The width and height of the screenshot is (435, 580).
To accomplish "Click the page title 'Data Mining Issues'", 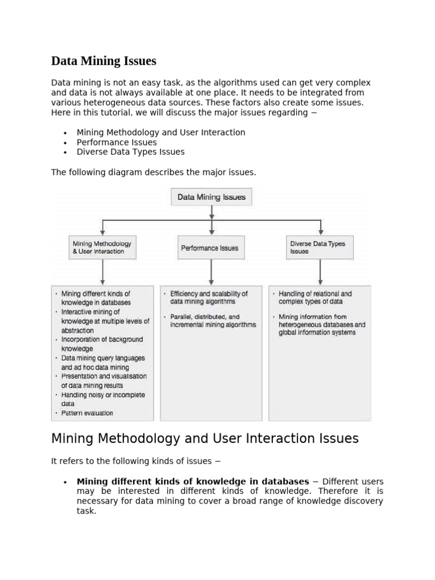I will click(104, 61).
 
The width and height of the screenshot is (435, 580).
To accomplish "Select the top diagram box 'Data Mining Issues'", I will click(211, 197).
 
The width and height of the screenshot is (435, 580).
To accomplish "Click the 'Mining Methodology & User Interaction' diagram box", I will click(103, 248).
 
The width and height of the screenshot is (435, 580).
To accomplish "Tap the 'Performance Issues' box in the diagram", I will click(211, 248).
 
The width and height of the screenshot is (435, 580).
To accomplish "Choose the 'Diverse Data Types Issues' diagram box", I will click(321, 248).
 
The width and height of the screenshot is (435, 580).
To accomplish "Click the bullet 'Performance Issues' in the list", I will click(117, 142).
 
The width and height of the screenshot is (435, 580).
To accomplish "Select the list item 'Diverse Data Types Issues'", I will click(130, 152).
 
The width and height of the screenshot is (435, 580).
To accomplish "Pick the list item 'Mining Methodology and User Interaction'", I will click(161, 133).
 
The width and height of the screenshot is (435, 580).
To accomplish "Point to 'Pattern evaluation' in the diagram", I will click(87, 413).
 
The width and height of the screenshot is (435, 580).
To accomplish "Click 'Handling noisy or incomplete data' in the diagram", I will click(102, 399).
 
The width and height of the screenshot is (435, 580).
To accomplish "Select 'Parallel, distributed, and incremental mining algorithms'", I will click(212, 321).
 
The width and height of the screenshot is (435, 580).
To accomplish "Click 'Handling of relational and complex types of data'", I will click(315, 298).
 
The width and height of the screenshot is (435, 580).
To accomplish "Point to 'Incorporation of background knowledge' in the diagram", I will click(101, 344).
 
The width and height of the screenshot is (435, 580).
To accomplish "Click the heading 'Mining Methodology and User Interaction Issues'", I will click(204, 438).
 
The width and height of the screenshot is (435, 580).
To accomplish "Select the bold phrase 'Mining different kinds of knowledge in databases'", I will click(193, 481).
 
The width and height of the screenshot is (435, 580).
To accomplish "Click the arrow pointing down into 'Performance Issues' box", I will click(211, 228).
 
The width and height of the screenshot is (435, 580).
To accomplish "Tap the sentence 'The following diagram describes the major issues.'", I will click(153, 172).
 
